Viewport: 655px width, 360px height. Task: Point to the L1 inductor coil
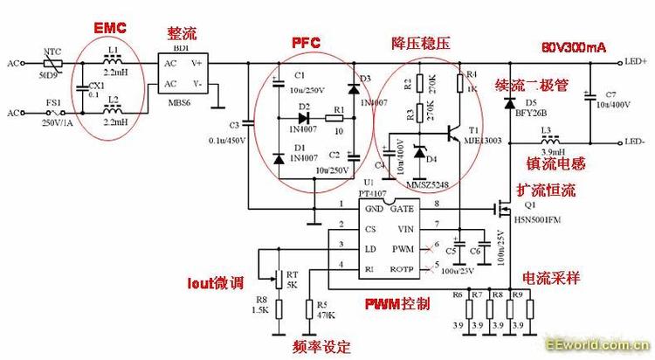(113, 63)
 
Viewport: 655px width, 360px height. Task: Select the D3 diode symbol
(353, 87)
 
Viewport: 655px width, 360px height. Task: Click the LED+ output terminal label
(635, 63)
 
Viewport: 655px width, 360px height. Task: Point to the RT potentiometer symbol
(279, 279)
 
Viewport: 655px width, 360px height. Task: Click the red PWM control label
(398, 304)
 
